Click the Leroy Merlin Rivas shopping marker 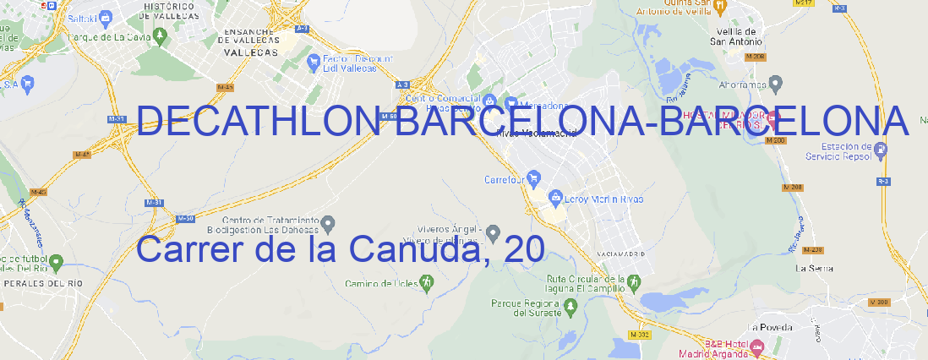(556, 198)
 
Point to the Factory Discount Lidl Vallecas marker (316, 61)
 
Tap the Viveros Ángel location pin (494, 232)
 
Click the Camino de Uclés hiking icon (427, 283)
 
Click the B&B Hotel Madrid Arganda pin (757, 346)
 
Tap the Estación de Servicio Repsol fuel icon (881, 150)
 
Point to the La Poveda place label (771, 327)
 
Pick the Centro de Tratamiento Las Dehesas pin (328, 222)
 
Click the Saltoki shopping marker (106, 16)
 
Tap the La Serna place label (815, 268)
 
